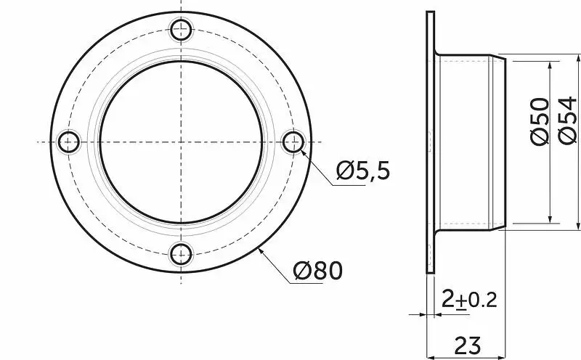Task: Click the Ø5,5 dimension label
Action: point(363,171)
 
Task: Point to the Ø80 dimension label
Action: point(318,271)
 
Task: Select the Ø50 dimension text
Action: point(540,121)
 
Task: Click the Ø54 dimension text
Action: point(567,121)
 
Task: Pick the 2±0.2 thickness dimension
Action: point(469,299)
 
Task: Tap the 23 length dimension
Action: point(468,345)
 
